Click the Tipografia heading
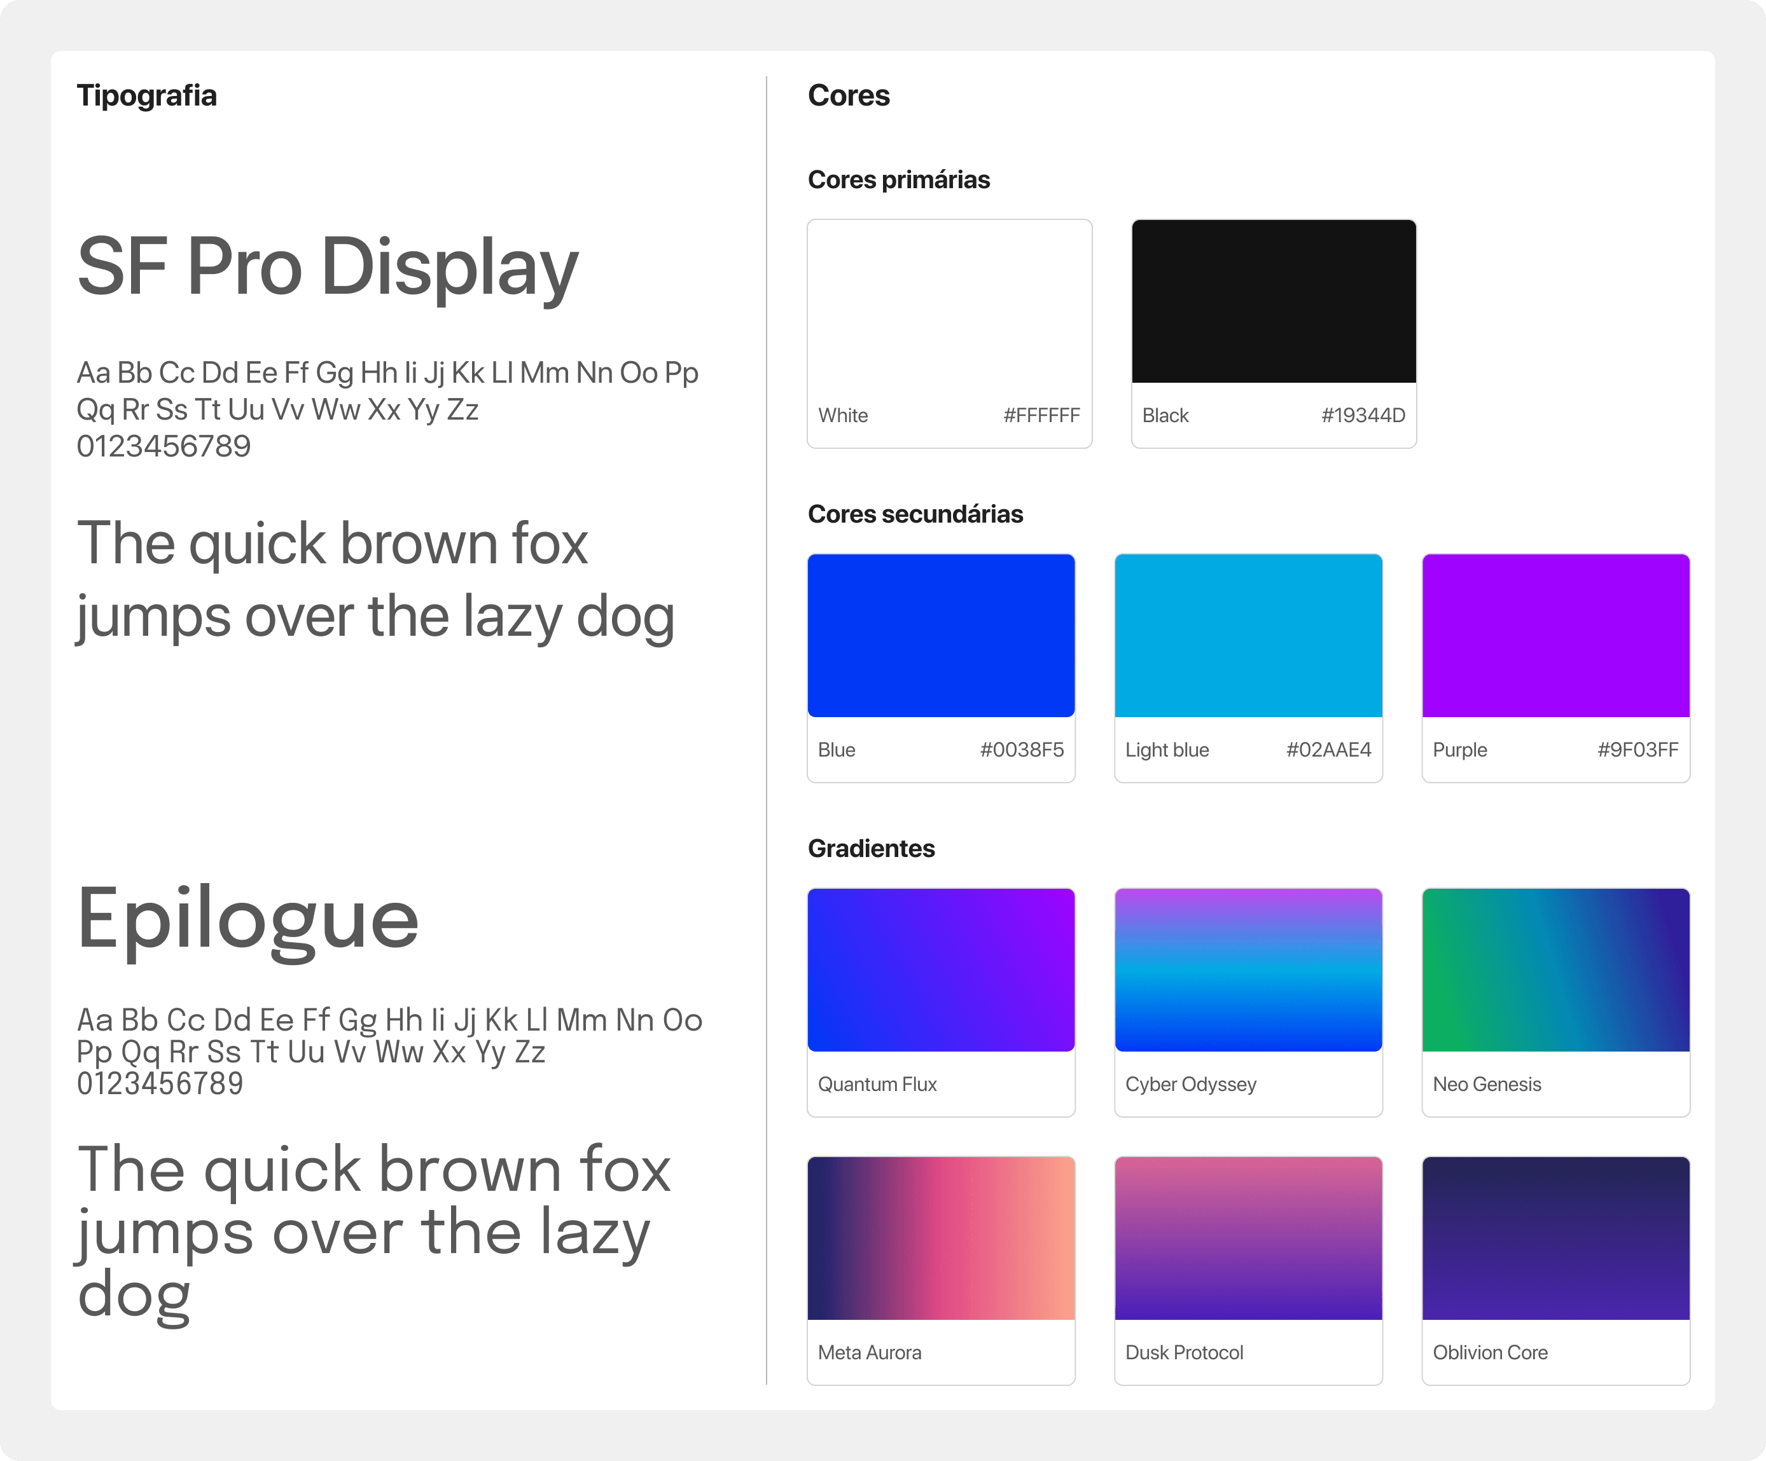(146, 96)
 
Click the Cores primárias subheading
(898, 180)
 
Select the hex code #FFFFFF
(1041, 415)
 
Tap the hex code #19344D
(1362, 415)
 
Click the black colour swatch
(1273, 301)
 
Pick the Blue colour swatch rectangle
(940, 636)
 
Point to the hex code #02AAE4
(1328, 750)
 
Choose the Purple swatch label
(1459, 750)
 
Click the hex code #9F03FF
(1637, 750)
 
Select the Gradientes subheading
(870, 849)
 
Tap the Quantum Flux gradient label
(877, 1085)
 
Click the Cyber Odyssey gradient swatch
(1248, 970)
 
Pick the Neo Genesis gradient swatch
(1555, 970)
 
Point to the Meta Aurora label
(870, 1352)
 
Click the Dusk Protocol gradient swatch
(1248, 1238)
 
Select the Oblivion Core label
(1489, 1352)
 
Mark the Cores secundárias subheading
(915, 514)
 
